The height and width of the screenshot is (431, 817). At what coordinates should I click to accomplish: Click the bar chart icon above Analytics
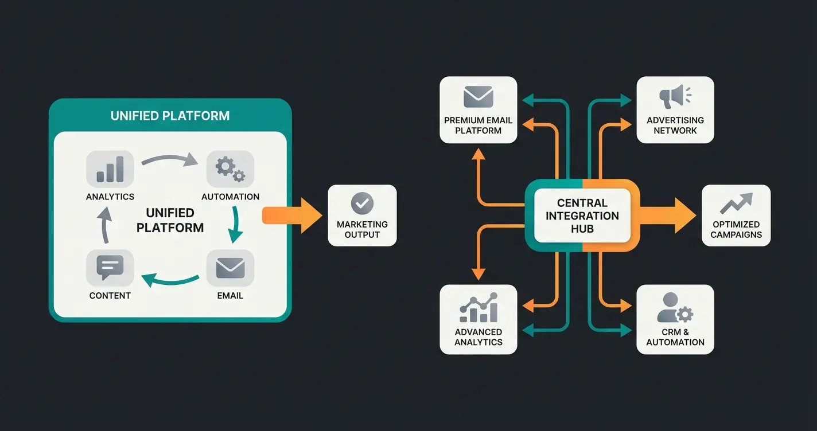pyautogui.click(x=110, y=170)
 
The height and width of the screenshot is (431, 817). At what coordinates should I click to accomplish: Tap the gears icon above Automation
pyautogui.click(x=230, y=169)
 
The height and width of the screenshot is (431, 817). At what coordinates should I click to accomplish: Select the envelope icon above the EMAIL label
pyautogui.click(x=230, y=268)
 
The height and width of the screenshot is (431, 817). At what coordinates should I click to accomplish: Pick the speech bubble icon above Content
pyautogui.click(x=110, y=268)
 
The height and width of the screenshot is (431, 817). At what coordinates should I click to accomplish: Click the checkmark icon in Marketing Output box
pyautogui.click(x=362, y=203)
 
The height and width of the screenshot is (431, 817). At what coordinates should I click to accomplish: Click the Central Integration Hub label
pyautogui.click(x=582, y=215)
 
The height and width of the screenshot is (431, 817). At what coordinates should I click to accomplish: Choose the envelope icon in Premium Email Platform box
pyautogui.click(x=478, y=96)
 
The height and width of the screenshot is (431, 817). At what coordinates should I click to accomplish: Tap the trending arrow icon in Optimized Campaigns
pyautogui.click(x=736, y=203)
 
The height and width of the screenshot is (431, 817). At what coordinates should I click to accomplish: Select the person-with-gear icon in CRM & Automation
pyautogui.click(x=675, y=308)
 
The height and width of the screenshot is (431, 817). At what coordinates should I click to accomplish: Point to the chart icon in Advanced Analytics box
pyautogui.click(x=478, y=308)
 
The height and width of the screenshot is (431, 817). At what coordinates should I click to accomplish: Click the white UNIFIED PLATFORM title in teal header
pyautogui.click(x=170, y=116)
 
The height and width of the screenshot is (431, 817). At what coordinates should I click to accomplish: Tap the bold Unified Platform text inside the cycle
pyautogui.click(x=170, y=220)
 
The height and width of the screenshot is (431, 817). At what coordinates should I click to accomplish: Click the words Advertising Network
pyautogui.click(x=675, y=126)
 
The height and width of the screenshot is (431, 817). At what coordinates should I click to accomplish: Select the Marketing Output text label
pyautogui.click(x=362, y=229)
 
